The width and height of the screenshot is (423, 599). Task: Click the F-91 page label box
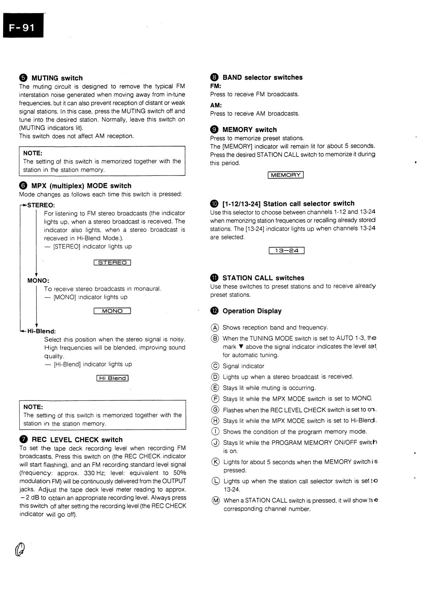(x=23, y=26)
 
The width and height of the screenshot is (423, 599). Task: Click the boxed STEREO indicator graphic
(x=112, y=263)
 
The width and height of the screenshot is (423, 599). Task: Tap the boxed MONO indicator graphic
(x=112, y=311)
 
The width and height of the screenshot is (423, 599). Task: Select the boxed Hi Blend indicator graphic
(x=112, y=378)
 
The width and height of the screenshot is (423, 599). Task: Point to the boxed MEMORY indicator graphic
(x=286, y=175)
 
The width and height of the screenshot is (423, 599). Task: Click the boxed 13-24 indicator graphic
(x=287, y=250)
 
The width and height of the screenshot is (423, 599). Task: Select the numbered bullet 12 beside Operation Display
(x=214, y=311)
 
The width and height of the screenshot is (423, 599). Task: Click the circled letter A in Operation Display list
(x=215, y=328)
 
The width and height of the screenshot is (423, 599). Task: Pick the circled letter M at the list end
(x=215, y=501)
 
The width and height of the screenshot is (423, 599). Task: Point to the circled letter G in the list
(x=215, y=410)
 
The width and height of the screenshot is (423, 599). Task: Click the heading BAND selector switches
(x=262, y=77)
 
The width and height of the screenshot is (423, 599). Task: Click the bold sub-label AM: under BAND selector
(x=216, y=105)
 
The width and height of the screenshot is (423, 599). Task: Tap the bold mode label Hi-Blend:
(x=41, y=331)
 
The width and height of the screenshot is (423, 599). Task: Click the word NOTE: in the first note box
(x=33, y=153)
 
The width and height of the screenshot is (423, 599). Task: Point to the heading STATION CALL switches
(x=263, y=278)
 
